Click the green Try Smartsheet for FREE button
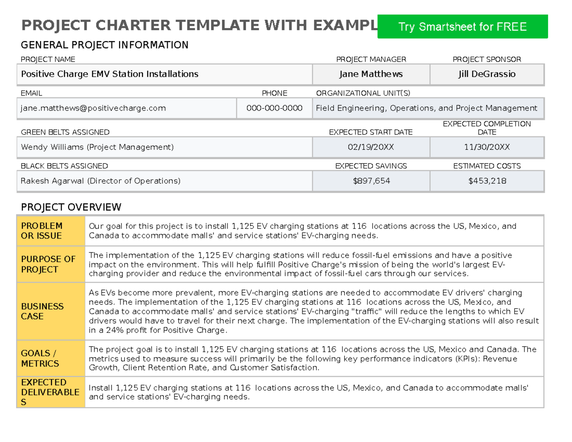tap(462, 27)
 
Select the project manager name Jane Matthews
tap(371, 74)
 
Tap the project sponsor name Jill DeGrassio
tap(487, 74)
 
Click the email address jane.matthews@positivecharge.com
tap(93, 108)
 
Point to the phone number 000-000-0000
tap(274, 108)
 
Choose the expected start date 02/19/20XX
tap(371, 147)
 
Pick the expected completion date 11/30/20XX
tap(487, 147)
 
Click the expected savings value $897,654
tap(371, 181)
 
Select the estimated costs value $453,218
tap(487, 181)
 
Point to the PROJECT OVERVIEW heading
tap(71, 207)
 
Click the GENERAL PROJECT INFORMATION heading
tap(104, 45)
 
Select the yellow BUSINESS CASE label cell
tap(51, 311)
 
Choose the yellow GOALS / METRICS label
tap(51, 359)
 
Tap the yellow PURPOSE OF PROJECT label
tap(51, 264)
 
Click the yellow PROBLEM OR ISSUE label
tap(51, 231)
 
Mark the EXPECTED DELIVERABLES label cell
tap(51, 392)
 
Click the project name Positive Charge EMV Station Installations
tap(110, 74)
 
